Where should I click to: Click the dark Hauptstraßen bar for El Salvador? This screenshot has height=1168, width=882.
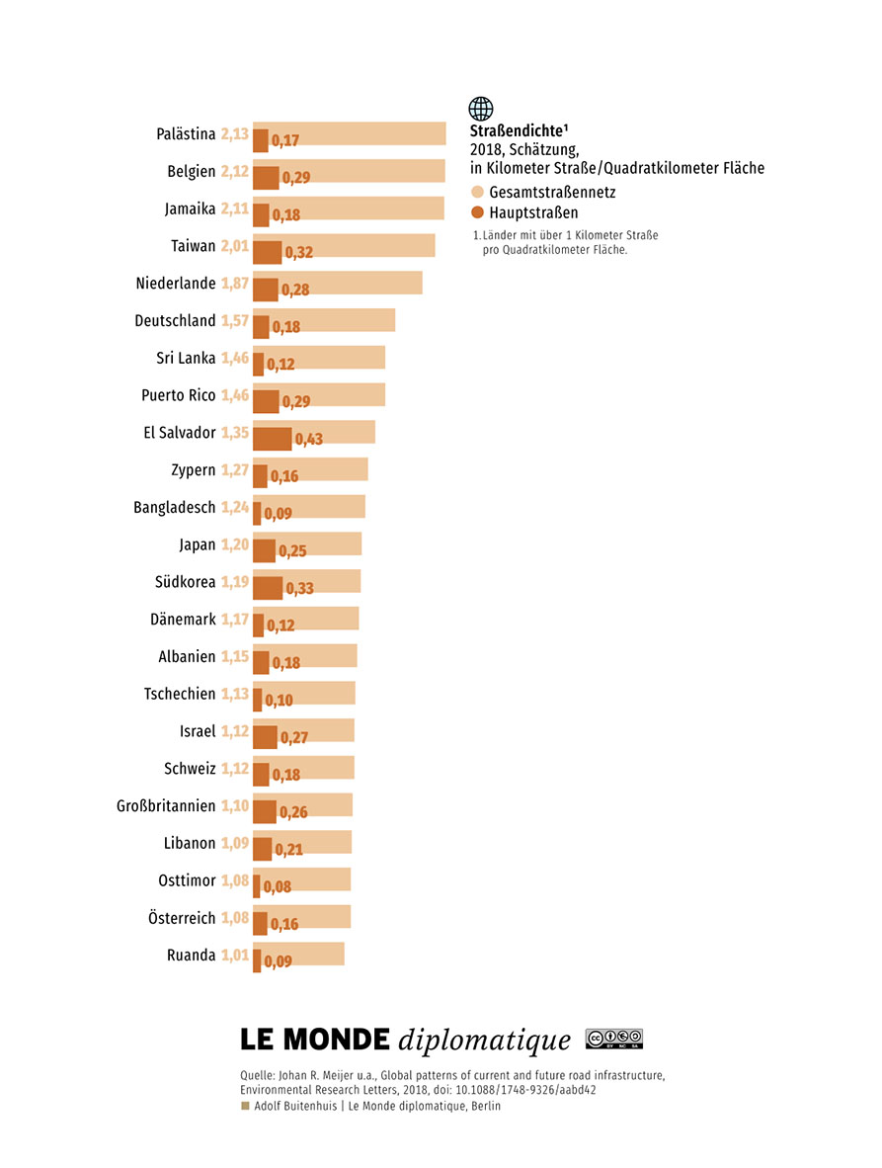(x=272, y=439)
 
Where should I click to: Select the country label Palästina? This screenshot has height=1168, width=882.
(x=186, y=134)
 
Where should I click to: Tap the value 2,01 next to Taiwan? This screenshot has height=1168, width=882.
(x=234, y=246)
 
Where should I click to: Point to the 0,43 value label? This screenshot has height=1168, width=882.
(x=309, y=439)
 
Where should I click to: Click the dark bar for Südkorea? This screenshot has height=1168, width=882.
(x=268, y=588)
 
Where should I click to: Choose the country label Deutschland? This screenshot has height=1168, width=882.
(x=175, y=320)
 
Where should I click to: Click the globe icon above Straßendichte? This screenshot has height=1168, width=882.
(x=481, y=109)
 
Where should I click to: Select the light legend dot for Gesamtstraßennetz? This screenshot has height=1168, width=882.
(x=478, y=192)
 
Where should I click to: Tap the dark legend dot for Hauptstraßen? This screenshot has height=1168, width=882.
(x=478, y=212)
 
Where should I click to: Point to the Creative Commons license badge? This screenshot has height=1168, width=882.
(x=614, y=1039)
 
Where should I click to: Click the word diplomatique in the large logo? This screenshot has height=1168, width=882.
(x=485, y=1040)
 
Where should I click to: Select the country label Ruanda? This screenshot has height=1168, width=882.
(x=192, y=955)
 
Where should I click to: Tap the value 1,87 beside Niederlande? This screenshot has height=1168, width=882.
(x=234, y=283)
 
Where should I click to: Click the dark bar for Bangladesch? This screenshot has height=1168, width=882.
(x=257, y=513)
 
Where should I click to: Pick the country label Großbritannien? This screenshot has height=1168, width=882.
(x=166, y=806)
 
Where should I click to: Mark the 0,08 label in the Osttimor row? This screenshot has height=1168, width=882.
(x=277, y=886)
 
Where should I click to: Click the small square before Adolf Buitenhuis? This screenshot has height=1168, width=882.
(x=245, y=1106)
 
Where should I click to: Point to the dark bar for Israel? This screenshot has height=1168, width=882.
(x=265, y=737)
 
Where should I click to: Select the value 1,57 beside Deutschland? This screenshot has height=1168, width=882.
(x=234, y=320)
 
